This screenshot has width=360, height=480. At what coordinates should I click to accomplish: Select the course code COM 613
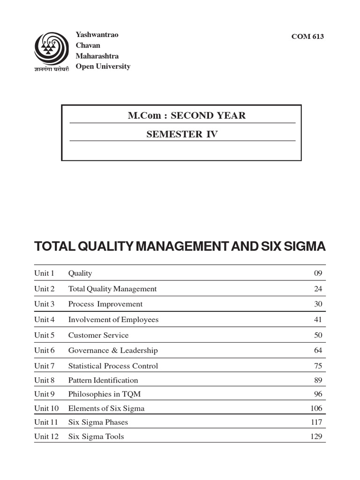click(x=307, y=37)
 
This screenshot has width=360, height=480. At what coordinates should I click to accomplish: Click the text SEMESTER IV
click(x=182, y=135)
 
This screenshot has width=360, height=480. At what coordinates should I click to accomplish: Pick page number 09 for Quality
click(x=318, y=273)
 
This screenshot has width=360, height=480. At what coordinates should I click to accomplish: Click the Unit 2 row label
click(x=44, y=289)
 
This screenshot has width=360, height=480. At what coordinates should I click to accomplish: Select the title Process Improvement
click(x=105, y=304)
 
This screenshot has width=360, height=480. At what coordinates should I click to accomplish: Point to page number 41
click(x=318, y=320)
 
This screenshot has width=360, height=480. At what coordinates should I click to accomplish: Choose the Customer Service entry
click(x=98, y=335)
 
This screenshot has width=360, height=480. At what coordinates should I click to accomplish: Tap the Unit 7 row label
click(x=44, y=366)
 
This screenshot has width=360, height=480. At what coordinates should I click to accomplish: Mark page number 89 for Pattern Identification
click(x=318, y=380)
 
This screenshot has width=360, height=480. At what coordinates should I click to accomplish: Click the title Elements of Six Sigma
click(x=106, y=408)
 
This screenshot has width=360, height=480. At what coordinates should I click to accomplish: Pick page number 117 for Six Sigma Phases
click(x=316, y=422)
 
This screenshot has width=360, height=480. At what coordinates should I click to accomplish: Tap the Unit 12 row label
click(x=46, y=436)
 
